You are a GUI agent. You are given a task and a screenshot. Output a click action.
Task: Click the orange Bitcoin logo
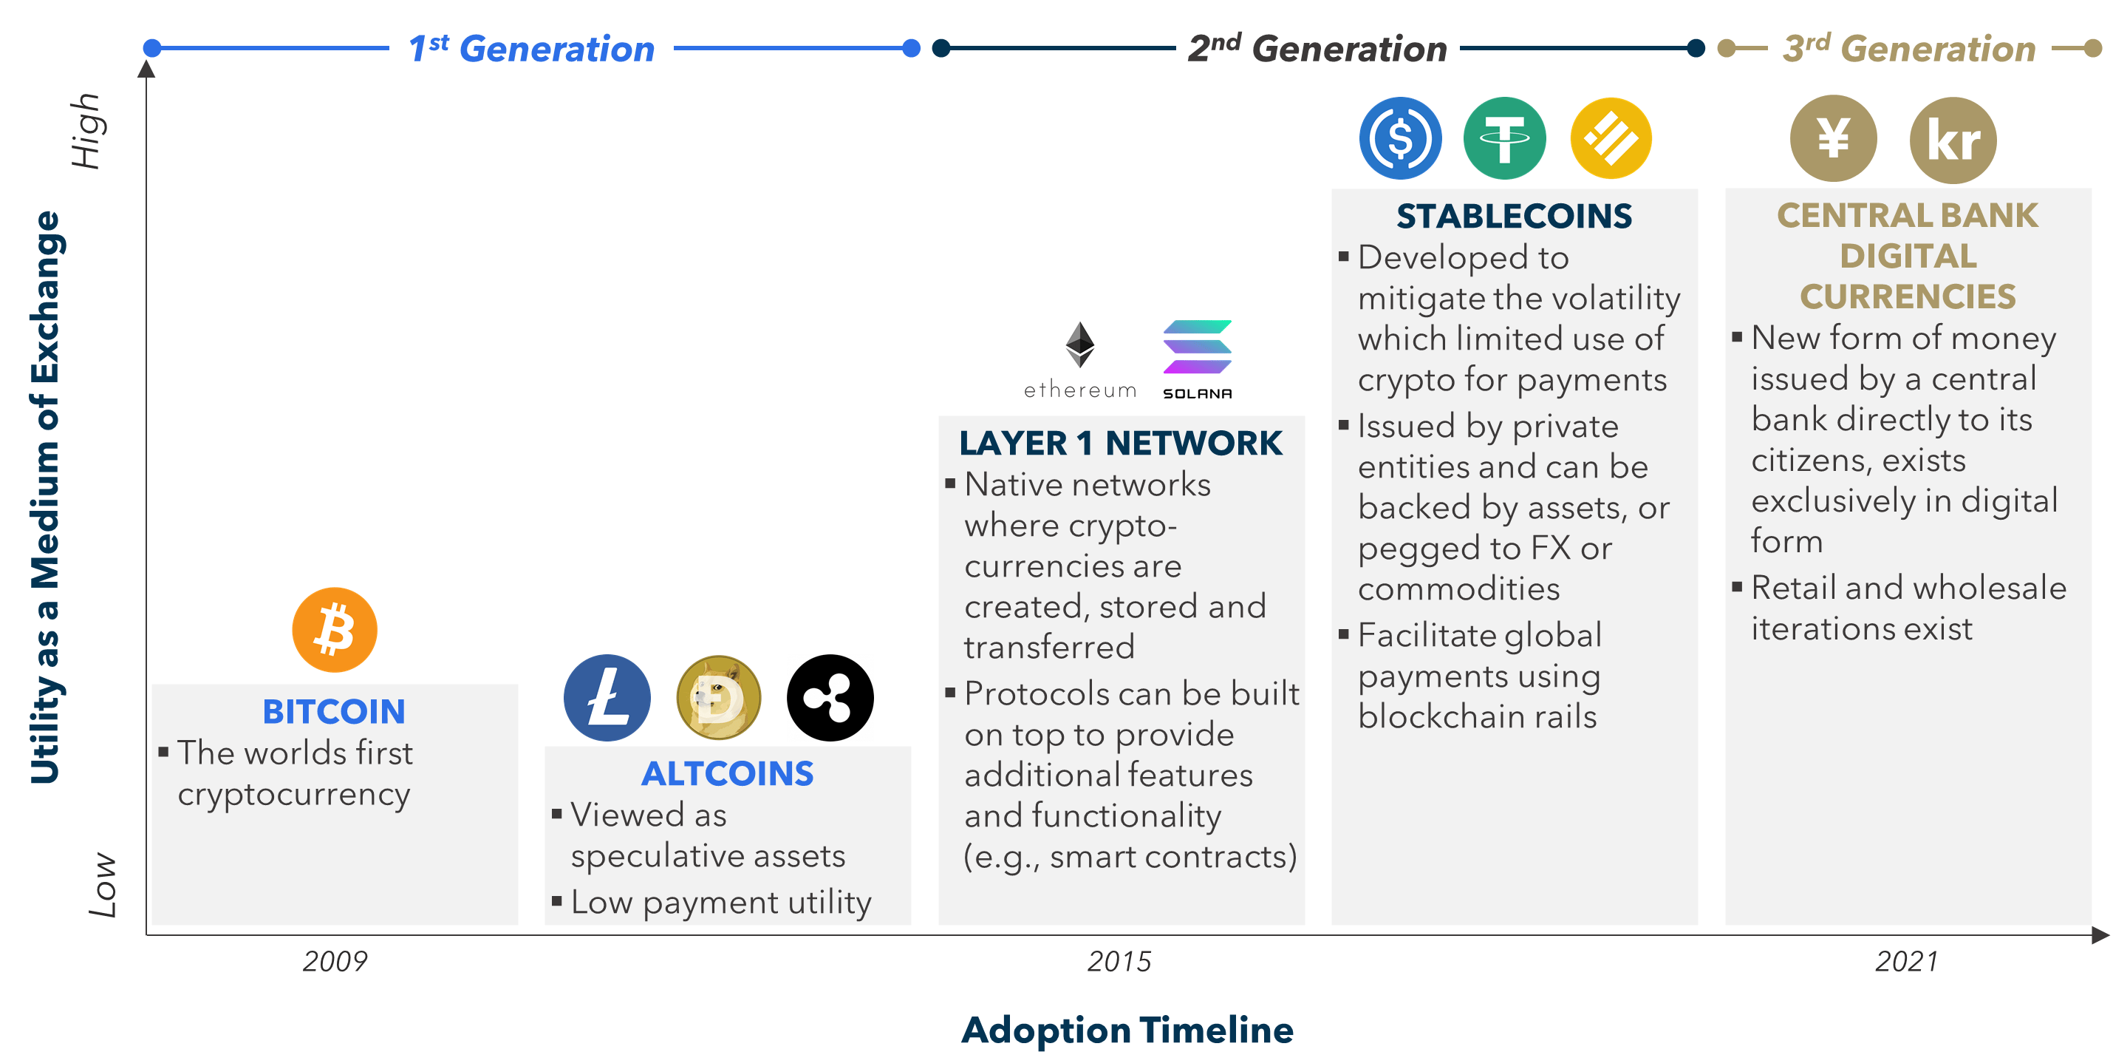(x=335, y=629)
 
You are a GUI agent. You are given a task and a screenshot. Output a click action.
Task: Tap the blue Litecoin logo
(x=607, y=697)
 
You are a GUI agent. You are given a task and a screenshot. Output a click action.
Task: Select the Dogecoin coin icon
(x=719, y=697)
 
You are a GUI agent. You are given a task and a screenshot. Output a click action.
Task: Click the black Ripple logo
(x=830, y=697)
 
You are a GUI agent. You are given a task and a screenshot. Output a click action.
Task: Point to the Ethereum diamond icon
(x=1079, y=345)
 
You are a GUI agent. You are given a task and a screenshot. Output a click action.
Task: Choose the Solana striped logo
(x=1197, y=348)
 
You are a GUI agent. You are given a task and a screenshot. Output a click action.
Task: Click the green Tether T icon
(x=1504, y=138)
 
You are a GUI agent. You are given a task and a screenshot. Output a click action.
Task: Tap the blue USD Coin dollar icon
(x=1400, y=138)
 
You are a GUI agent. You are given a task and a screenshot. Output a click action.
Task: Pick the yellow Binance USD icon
(x=1611, y=138)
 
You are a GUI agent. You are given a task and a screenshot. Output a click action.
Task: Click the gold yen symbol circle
(x=1833, y=138)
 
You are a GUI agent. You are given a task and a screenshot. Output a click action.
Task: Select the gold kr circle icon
(x=1953, y=140)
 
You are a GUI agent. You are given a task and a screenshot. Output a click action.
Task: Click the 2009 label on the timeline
(x=335, y=961)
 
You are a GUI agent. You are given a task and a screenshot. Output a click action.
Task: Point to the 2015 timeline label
(x=1119, y=961)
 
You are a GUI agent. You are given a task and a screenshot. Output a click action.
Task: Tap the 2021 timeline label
(x=1906, y=961)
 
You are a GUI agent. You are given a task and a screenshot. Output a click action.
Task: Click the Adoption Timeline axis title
(x=1127, y=1029)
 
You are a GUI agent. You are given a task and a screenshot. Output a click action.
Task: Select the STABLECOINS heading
(x=1515, y=216)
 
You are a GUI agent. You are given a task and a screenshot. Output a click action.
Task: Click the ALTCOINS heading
(x=728, y=773)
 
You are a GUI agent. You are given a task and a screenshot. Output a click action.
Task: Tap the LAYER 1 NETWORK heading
(x=1121, y=443)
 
